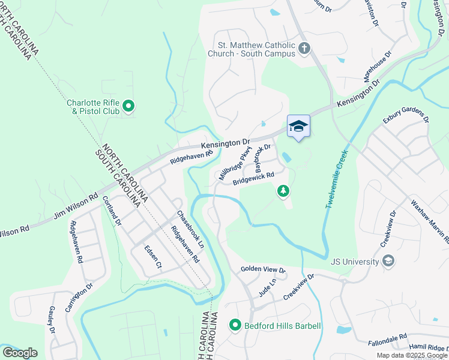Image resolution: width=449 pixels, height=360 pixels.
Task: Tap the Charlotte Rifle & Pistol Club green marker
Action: pyautogui.click(x=128, y=107)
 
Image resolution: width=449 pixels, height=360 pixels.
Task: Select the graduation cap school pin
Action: pyautogui.click(x=298, y=126)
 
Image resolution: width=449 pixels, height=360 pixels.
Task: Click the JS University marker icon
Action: pyautogui.click(x=388, y=261)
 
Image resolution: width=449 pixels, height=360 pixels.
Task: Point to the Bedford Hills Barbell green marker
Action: pyautogui.click(x=235, y=326)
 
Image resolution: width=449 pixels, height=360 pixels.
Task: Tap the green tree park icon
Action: pyautogui.click(x=282, y=191)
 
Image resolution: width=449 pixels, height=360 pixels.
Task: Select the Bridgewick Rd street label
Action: pyautogui.click(x=253, y=178)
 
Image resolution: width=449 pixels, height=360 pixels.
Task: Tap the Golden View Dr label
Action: pyautogui.click(x=263, y=270)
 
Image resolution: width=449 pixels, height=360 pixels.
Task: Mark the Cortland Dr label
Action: pyautogui.click(x=112, y=211)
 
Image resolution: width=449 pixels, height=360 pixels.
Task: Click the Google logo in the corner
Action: pyautogui.click(x=20, y=353)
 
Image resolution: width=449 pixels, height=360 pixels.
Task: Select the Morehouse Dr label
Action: pyautogui.click(x=377, y=67)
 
